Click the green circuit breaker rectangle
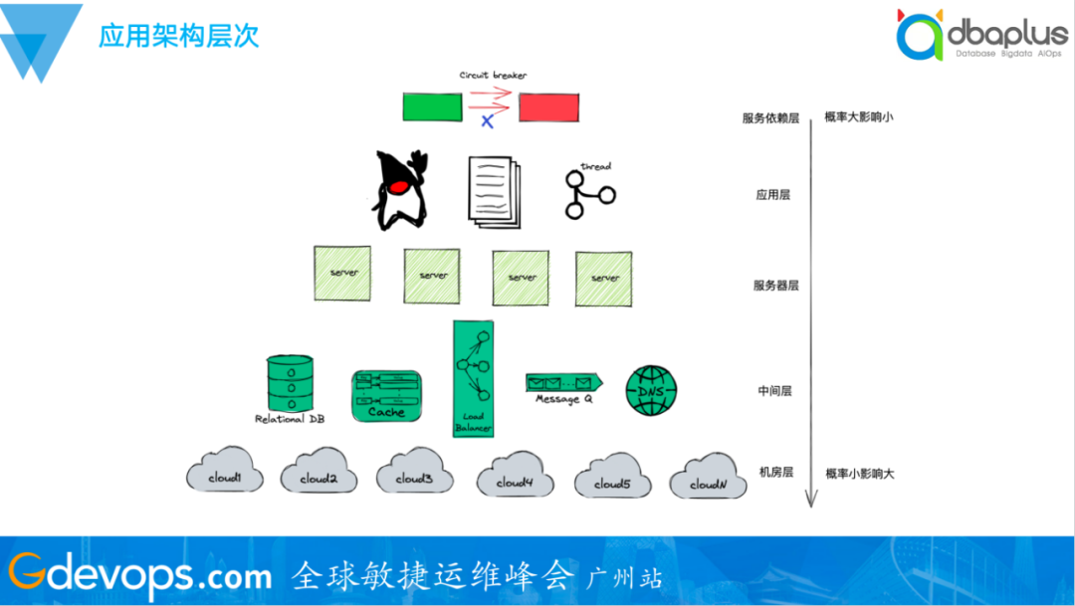point(432,106)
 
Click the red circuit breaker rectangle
point(548,106)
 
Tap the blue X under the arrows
point(487,121)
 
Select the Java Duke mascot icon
point(399,190)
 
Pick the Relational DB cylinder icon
point(290,383)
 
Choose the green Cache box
point(386,395)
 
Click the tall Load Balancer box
point(474,378)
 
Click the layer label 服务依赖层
point(770,118)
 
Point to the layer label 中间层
point(773,392)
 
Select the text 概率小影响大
point(859,474)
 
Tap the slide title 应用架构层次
point(179,37)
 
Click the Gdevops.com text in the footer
point(139,574)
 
